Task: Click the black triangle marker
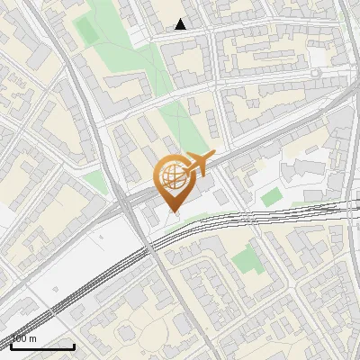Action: click(x=181, y=24)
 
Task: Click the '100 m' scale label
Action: click(x=24, y=338)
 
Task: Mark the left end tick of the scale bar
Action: click(x=11, y=345)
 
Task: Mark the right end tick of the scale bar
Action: click(x=74, y=345)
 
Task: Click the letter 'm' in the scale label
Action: click(x=33, y=338)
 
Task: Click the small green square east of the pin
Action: click(x=271, y=196)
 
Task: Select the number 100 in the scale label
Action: click(x=20, y=338)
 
